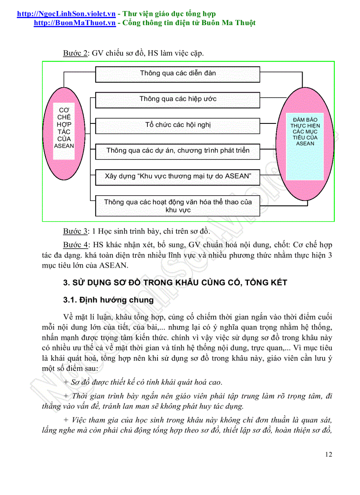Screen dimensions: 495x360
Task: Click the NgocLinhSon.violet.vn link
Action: pos(66,14)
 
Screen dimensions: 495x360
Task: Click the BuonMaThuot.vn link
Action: pos(75,23)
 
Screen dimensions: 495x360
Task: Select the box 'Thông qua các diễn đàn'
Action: pos(178,74)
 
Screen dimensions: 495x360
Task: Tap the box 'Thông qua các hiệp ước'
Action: pos(178,99)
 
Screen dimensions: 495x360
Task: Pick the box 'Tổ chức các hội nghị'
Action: pos(178,125)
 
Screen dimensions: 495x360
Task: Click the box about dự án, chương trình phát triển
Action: pos(178,151)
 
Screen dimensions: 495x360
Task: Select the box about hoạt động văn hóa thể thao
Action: pos(178,206)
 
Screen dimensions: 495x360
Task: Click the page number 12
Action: pos(328,454)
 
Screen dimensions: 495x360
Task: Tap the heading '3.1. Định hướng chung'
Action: pos(109,300)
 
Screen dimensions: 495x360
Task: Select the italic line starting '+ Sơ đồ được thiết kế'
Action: pos(143,382)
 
